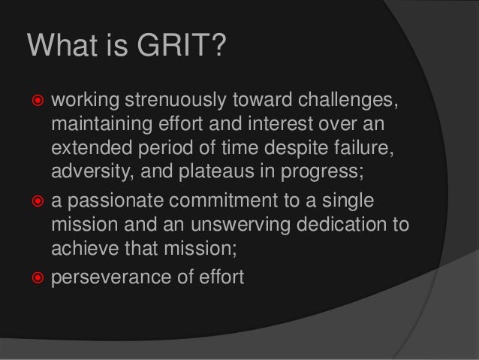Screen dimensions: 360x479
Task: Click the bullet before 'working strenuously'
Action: click(35, 101)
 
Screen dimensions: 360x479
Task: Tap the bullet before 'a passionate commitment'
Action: click(35, 204)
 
